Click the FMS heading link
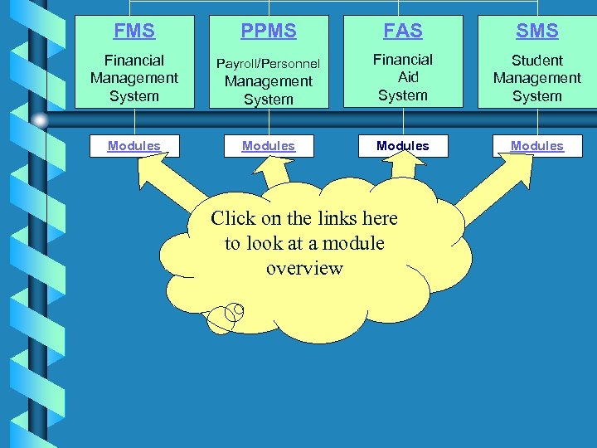coord(134,32)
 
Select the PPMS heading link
coord(268,32)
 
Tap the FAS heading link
coord(402,32)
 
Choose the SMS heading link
coord(536,32)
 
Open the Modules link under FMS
coord(134,146)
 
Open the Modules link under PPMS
coord(268,146)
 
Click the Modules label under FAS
coord(402,146)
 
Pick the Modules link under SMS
coord(536,146)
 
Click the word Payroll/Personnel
coord(268,64)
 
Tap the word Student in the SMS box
coord(536,61)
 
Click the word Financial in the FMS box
coord(134,61)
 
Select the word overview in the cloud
coord(304,268)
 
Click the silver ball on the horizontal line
coord(40,120)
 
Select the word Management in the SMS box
coord(536,78)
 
